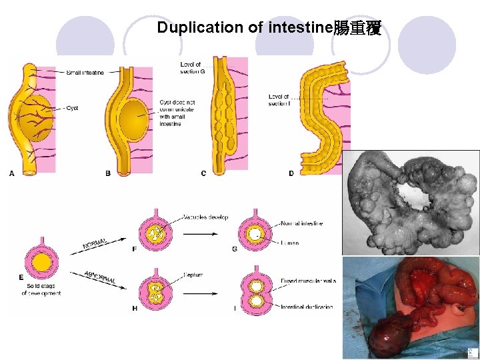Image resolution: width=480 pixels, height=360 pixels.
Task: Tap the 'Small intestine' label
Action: click(85, 72)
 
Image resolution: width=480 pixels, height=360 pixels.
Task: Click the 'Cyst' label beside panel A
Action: click(72, 108)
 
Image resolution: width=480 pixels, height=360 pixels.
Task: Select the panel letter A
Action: click(11, 173)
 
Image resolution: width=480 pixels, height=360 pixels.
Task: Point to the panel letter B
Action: click(108, 173)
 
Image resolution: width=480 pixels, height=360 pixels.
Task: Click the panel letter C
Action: click(203, 173)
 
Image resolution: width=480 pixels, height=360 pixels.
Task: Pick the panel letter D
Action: click(291, 173)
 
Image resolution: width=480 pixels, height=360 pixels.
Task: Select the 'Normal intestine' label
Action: click(303, 223)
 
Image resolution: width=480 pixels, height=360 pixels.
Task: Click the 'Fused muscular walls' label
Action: click(308, 281)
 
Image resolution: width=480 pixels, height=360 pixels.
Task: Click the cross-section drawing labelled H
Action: click(155, 291)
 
